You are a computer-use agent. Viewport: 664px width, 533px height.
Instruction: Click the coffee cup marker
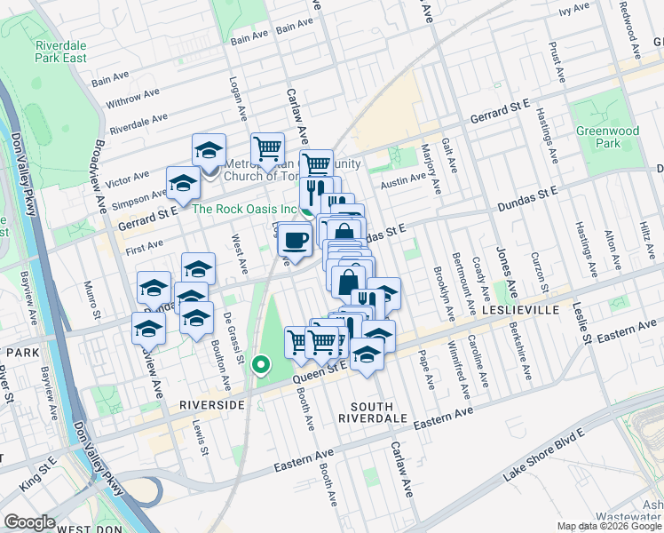click(x=295, y=239)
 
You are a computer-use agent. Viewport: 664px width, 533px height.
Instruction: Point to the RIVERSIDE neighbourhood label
click(x=211, y=404)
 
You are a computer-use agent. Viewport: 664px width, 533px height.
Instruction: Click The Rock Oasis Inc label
click(x=243, y=210)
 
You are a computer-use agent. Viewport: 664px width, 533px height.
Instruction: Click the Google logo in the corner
click(x=28, y=522)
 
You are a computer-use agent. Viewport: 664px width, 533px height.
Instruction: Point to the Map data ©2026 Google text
click(x=610, y=526)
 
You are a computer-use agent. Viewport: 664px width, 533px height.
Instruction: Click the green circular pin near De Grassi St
click(x=260, y=364)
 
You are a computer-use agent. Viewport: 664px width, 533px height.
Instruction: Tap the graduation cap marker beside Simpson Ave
click(x=183, y=183)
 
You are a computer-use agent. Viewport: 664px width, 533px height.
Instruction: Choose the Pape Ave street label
click(x=430, y=374)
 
